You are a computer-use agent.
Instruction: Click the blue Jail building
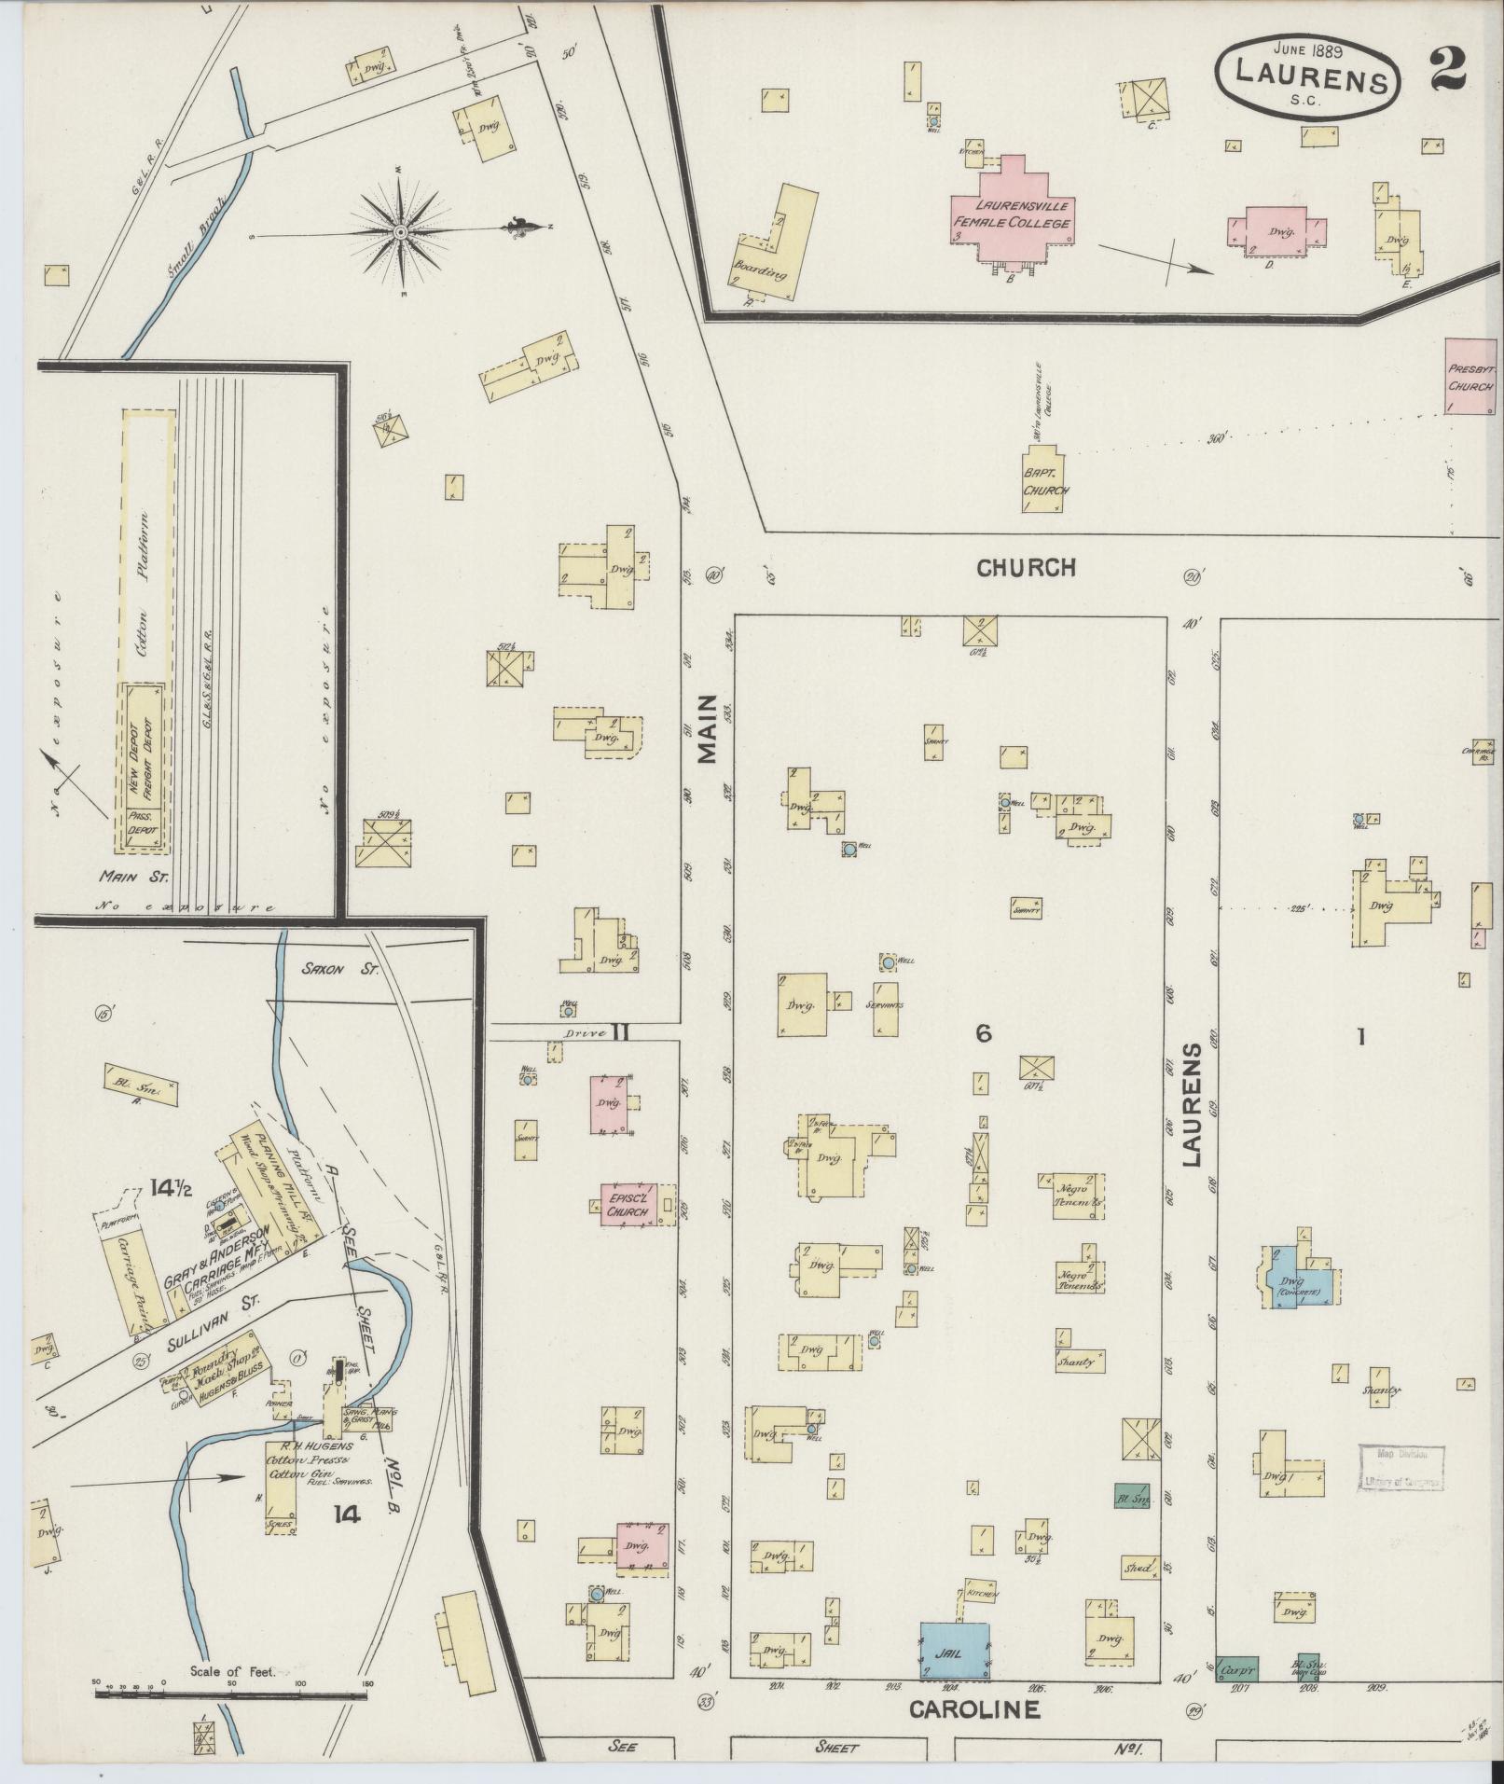pos(954,1650)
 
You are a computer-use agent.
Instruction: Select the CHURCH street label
pos(1026,567)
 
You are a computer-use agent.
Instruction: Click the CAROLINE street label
pos(974,1709)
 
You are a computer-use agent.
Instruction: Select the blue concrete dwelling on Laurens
pos(1301,1278)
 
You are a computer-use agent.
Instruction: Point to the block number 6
pos(982,1033)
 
